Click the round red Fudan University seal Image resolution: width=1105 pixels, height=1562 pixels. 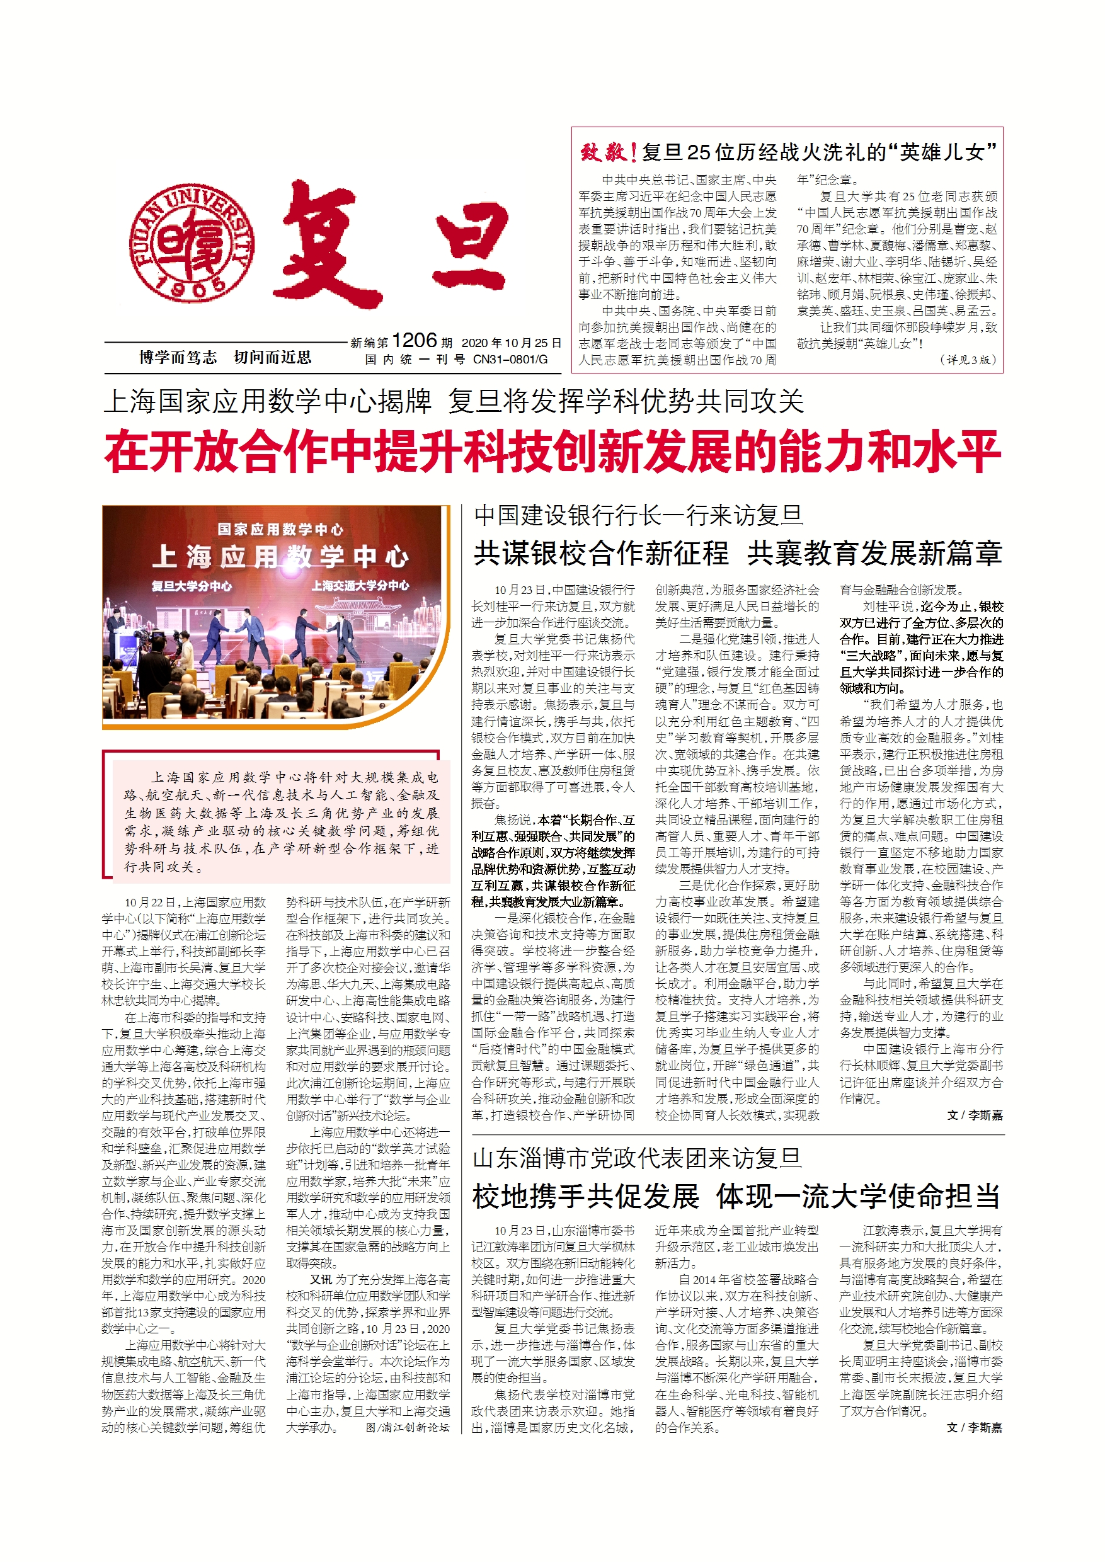coord(193,243)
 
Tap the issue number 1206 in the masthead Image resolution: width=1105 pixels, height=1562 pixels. coord(414,340)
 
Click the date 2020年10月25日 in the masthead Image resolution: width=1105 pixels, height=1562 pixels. coord(511,342)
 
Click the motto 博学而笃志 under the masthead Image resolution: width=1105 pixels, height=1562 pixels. coord(178,357)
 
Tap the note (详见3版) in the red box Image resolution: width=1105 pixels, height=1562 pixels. coord(968,359)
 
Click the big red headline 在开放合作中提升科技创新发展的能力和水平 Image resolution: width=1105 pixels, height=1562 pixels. coord(552,452)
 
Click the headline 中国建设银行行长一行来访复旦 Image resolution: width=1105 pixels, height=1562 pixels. coord(638,515)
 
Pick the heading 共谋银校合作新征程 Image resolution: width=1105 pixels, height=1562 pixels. coord(601,553)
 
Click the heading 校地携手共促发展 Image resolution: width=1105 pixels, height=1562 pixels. coord(586,1196)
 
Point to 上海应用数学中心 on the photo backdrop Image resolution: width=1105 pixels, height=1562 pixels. coord(280,557)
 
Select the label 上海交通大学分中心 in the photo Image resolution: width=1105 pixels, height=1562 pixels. coord(360,585)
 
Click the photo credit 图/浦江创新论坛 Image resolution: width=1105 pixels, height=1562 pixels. coord(408,1427)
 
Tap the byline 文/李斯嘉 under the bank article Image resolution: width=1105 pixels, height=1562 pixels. coord(975,1115)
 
